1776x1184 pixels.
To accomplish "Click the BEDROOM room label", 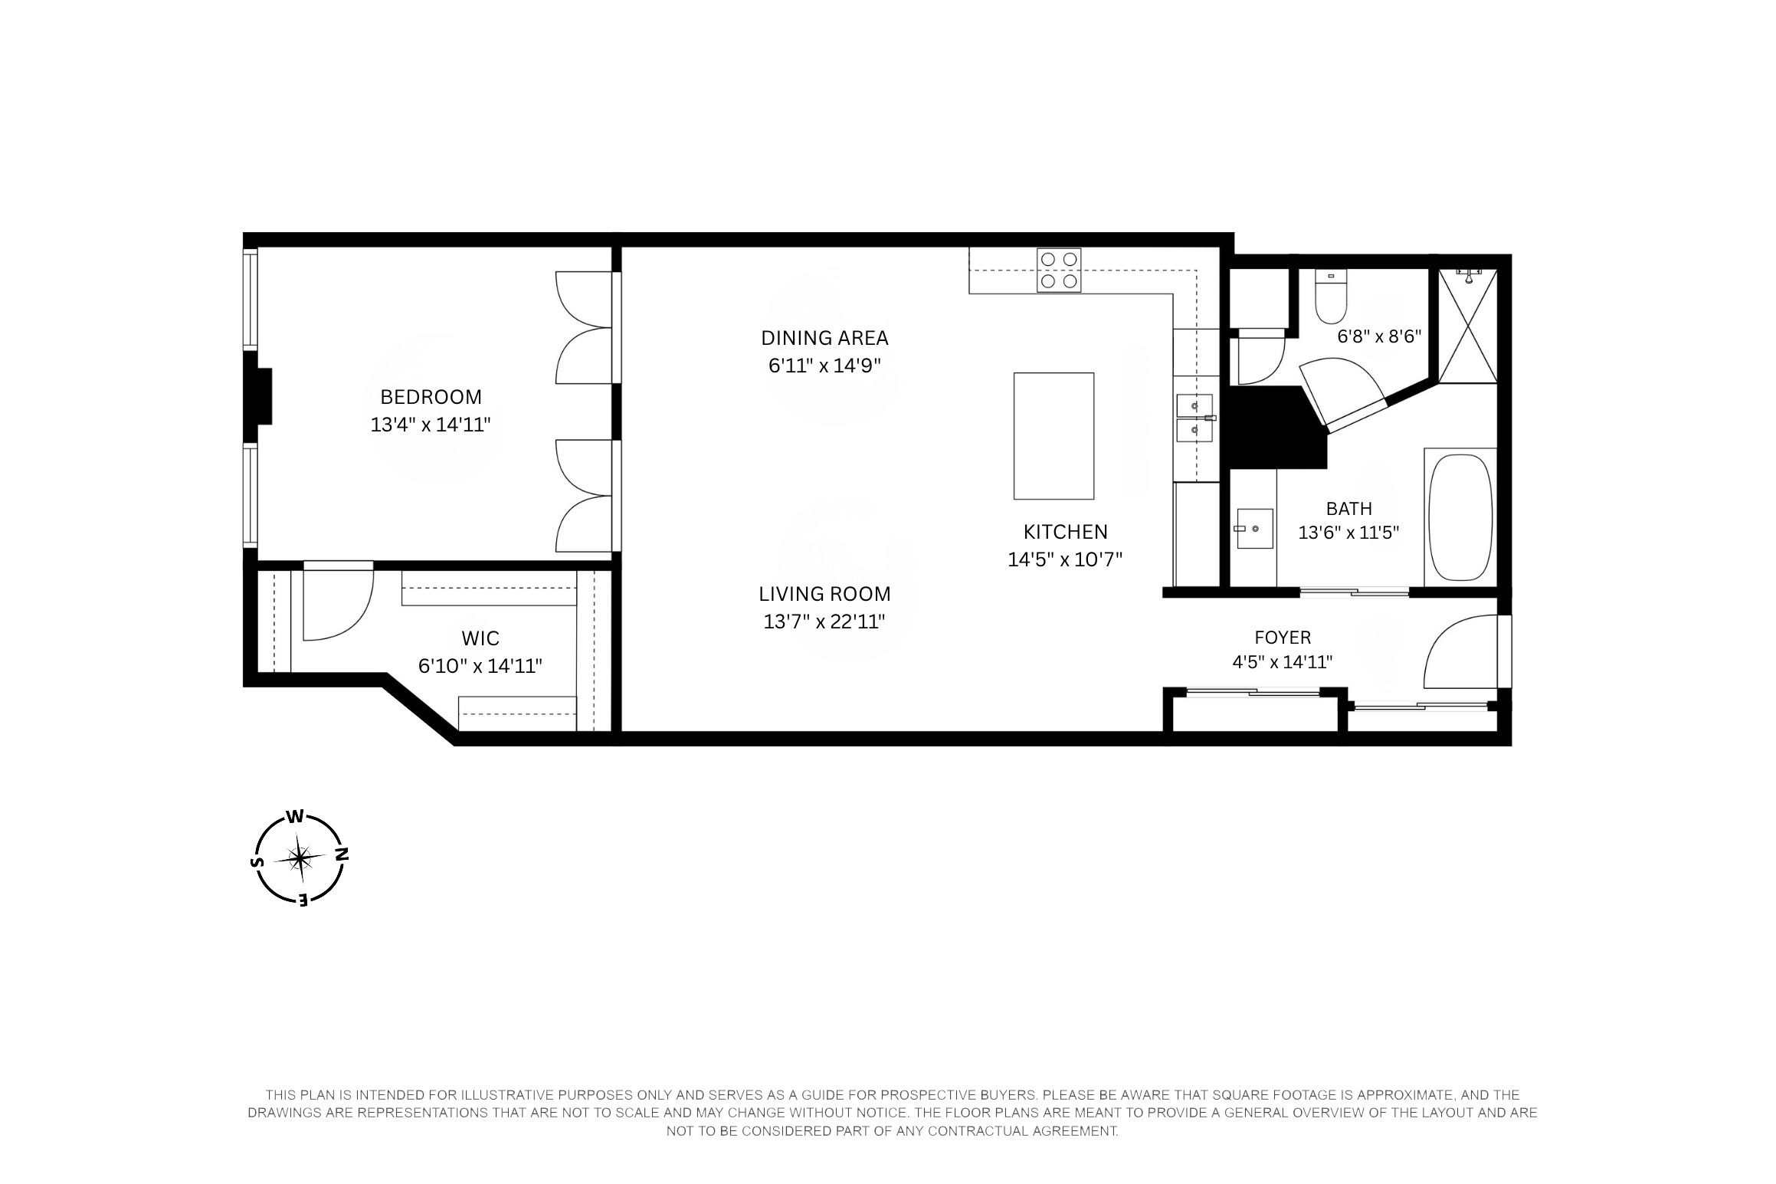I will [x=431, y=397].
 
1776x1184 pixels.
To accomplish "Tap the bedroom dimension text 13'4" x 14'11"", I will [x=431, y=425].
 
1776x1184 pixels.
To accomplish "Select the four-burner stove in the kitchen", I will [x=1059, y=271].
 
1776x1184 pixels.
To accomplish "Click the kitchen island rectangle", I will [x=1053, y=436].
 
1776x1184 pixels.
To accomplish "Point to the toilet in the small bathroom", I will [x=1331, y=300].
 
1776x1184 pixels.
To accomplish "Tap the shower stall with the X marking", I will [x=1467, y=326].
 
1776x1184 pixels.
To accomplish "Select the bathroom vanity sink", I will [x=1254, y=529].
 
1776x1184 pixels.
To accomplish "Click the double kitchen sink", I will [x=1194, y=418].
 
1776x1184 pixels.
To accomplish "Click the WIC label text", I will [x=480, y=638].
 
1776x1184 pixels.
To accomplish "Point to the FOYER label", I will [x=1283, y=638].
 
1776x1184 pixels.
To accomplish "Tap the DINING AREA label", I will [x=824, y=338].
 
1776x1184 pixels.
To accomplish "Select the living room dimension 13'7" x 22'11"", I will [x=824, y=622].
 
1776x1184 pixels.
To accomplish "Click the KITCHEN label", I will [x=1065, y=532].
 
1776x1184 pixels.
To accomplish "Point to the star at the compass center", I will [x=301, y=858].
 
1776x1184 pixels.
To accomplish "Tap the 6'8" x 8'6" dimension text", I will [x=1379, y=336].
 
